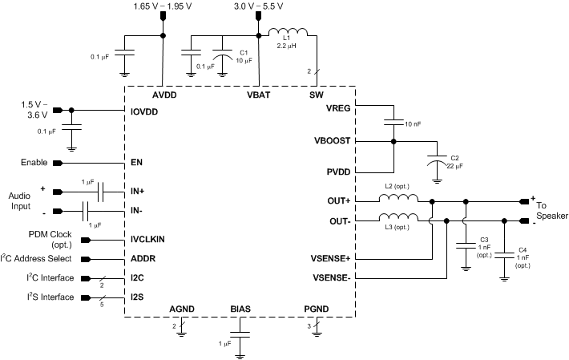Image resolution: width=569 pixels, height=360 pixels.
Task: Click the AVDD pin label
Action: (163, 94)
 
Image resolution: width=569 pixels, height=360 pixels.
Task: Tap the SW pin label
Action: (316, 94)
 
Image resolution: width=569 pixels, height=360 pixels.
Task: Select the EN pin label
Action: (136, 163)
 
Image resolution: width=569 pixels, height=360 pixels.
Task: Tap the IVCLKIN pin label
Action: (147, 239)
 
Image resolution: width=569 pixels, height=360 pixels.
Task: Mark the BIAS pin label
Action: (241, 309)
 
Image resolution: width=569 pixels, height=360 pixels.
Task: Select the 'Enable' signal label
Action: (36, 163)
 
